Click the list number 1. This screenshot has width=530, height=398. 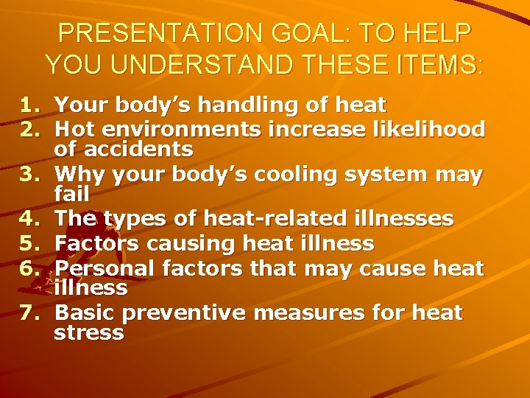29,105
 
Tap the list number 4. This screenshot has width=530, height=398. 29,219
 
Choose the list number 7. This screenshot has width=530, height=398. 29,313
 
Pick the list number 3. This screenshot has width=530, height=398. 29,175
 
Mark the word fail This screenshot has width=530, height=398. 71,195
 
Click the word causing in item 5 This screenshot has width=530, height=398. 188,242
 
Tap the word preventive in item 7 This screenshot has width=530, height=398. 185,313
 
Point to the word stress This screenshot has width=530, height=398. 89,332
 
